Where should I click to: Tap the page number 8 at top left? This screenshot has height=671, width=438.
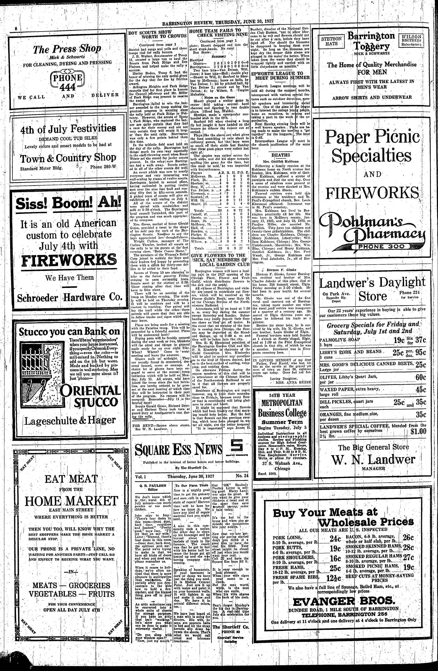(x=16, y=29)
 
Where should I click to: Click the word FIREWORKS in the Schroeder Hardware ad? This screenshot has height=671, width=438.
(x=69, y=260)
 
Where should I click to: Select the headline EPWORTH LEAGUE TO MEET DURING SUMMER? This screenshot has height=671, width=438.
(x=281, y=75)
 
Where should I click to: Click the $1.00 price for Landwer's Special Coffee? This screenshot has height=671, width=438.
(x=418, y=431)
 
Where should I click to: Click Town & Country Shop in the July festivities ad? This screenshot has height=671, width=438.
(x=68, y=158)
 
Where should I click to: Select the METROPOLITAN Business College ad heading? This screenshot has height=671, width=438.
(x=282, y=403)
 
